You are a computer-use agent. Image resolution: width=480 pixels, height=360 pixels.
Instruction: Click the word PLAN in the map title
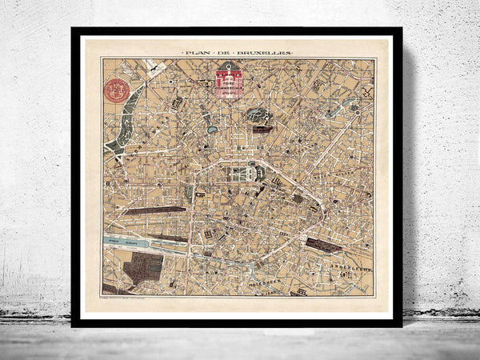pyautogui.click(x=196, y=53)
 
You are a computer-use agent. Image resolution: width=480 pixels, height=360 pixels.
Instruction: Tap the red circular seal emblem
pyautogui.click(x=117, y=90)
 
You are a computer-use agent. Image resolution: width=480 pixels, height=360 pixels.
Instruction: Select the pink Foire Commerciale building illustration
pyautogui.click(x=229, y=82)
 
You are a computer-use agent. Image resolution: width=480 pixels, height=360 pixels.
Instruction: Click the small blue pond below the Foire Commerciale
pyautogui.click(x=212, y=128)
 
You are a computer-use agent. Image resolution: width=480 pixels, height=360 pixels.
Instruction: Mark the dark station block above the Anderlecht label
pyautogui.click(x=325, y=245)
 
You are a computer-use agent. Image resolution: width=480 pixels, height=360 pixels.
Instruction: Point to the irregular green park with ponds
pyautogui.click(x=259, y=116)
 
